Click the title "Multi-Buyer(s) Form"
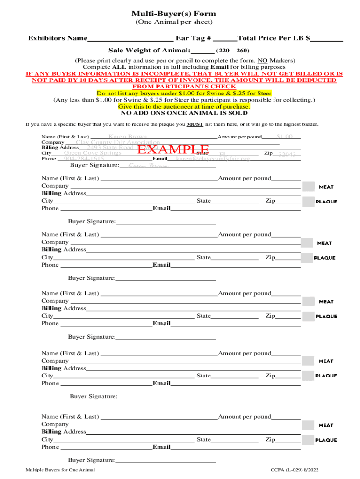[173, 14]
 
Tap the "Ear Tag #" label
[193, 38]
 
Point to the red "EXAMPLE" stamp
[173, 150]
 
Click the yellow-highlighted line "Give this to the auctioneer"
[184, 106]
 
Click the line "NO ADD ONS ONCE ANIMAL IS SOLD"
[184, 113]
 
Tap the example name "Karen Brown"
[128, 137]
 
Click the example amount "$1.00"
[284, 136]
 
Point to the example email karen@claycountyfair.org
[213, 159]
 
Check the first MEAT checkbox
[308, 187]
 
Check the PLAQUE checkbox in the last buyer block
[308, 440]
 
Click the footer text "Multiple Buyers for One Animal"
[61, 469]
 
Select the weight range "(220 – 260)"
[233, 51]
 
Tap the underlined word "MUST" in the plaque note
[195, 124]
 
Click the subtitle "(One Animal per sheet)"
[173, 22]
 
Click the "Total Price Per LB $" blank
[327, 39]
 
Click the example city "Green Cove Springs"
[93, 152]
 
